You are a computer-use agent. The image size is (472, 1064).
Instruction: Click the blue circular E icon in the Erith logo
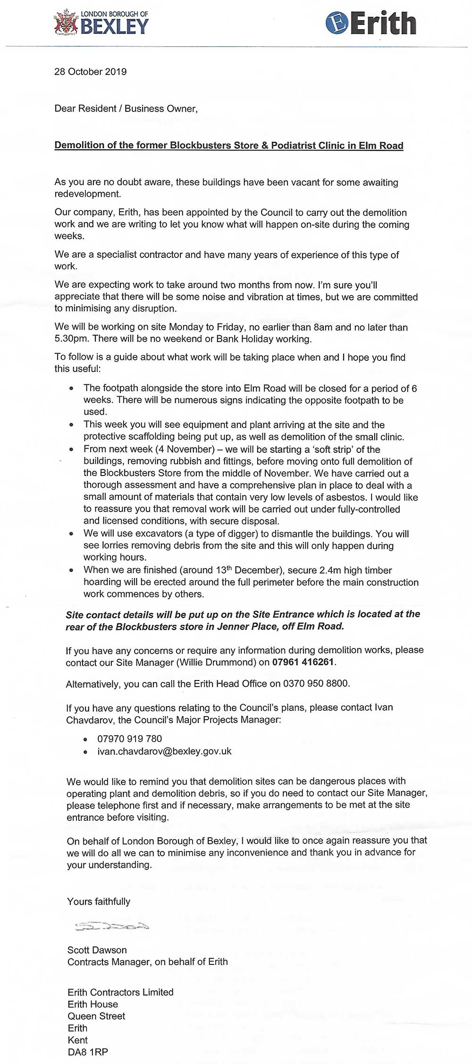(336, 23)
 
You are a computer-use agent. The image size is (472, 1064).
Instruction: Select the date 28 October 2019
(91, 72)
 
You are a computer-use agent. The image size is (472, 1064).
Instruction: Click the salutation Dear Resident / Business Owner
(126, 109)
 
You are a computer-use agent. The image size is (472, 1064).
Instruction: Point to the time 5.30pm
(70, 339)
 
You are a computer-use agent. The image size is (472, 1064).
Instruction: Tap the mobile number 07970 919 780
(129, 739)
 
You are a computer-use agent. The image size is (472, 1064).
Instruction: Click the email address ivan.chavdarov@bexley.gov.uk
(164, 751)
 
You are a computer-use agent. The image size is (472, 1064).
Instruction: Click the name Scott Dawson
(97, 950)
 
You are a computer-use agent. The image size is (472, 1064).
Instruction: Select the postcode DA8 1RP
(88, 1052)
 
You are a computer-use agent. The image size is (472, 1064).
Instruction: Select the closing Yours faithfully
(99, 901)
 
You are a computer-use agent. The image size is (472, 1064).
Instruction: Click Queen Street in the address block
(96, 1016)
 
